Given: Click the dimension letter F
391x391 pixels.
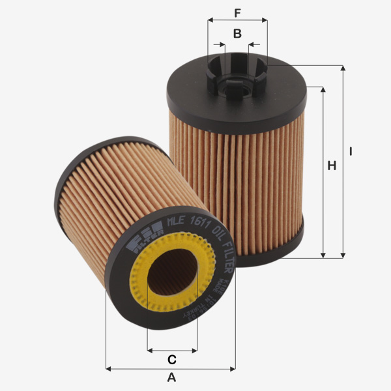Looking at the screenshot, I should point(237,12).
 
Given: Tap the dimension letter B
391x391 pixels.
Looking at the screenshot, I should point(237,33).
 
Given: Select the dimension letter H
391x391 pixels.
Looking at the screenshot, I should point(332,166).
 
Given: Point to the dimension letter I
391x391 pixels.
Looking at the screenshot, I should point(351,151).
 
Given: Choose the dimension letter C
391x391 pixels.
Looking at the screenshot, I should point(172,359).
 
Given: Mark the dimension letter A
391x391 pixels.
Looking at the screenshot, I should point(171,377).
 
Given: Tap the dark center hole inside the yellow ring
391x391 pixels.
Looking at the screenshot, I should point(171,274).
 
